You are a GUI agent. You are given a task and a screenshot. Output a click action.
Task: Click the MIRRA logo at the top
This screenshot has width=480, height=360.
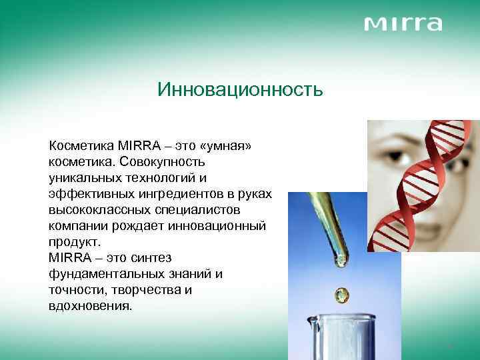click(x=403, y=24)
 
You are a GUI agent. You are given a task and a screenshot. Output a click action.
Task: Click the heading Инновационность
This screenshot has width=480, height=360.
click(x=240, y=89)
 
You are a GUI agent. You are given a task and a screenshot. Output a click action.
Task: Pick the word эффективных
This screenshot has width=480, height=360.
click(x=91, y=194)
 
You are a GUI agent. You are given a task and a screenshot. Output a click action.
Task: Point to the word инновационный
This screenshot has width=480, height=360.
click(x=217, y=226)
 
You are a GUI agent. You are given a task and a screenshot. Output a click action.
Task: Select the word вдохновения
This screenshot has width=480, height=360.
click(x=90, y=306)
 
